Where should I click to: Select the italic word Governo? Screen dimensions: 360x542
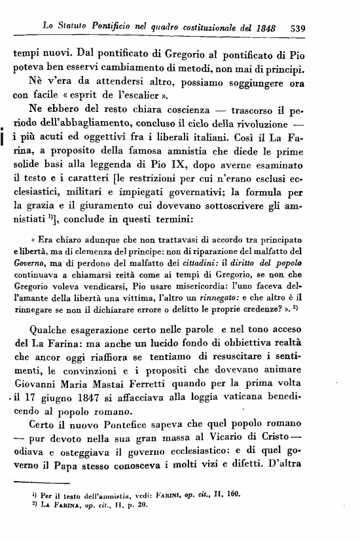pyautogui.click(x=29, y=277)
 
